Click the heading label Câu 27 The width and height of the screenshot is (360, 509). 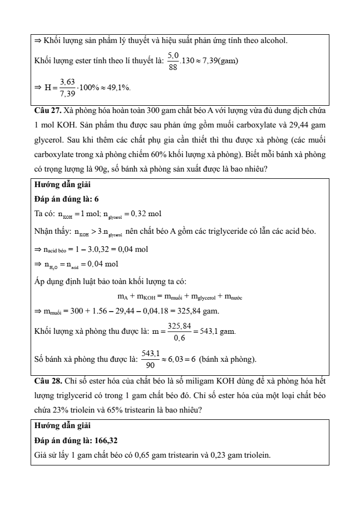coord(47,111)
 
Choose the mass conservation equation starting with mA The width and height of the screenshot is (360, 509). coord(179,297)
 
